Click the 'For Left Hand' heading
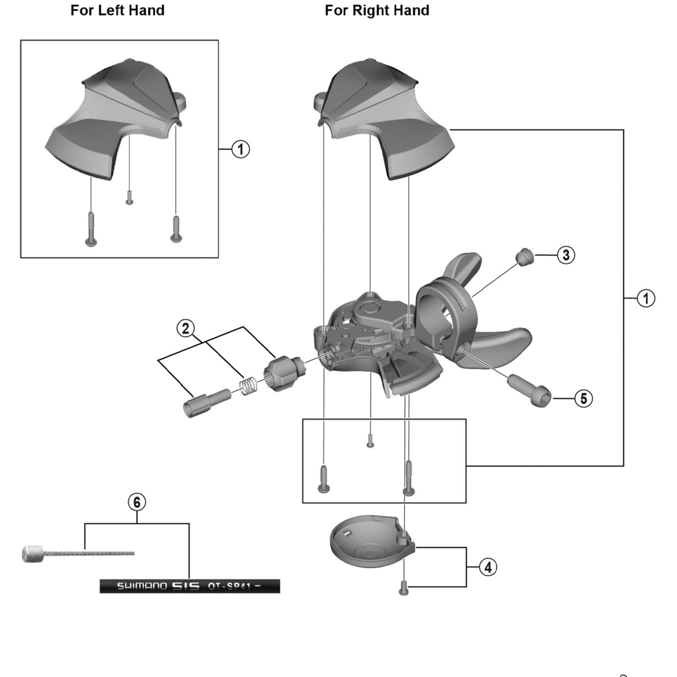point(117,10)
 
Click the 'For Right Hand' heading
point(377,10)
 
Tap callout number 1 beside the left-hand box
point(240,150)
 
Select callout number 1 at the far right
point(646,299)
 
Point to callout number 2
point(185,328)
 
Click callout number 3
point(566,255)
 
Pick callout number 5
point(584,398)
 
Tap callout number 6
point(137,502)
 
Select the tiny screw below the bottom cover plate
point(404,590)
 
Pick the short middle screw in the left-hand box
point(129,198)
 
